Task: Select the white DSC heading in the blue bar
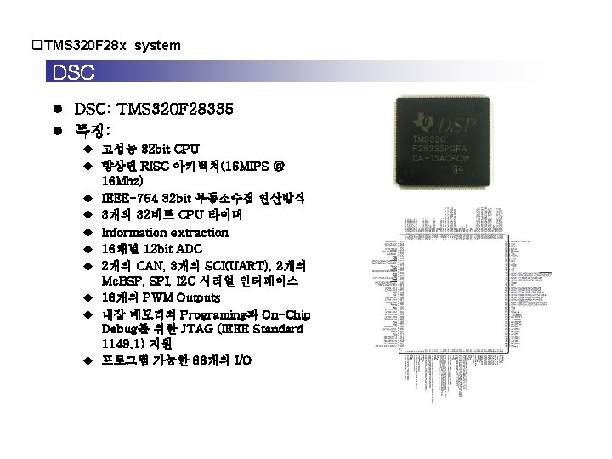pyautogui.click(x=74, y=73)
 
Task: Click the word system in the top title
pyautogui.click(x=157, y=45)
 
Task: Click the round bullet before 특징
pyautogui.click(x=57, y=130)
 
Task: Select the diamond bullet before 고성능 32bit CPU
pyautogui.click(x=87, y=150)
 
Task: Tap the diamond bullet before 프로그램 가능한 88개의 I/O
pyautogui.click(x=87, y=361)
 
